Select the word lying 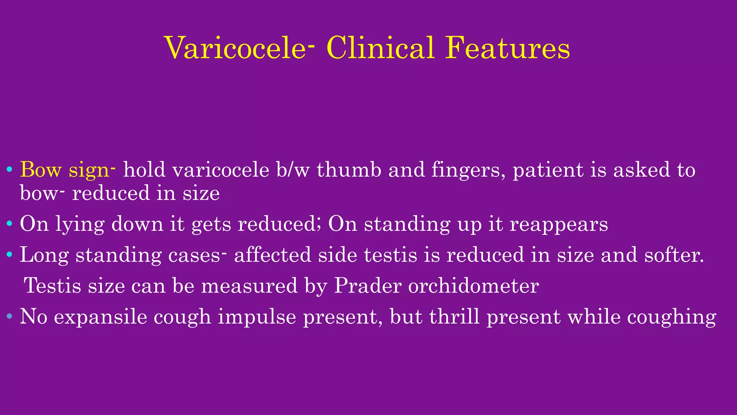point(80,224)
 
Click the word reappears point(559,224)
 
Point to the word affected point(272,255)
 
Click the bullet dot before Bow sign point(10,169)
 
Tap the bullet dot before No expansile point(10,317)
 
